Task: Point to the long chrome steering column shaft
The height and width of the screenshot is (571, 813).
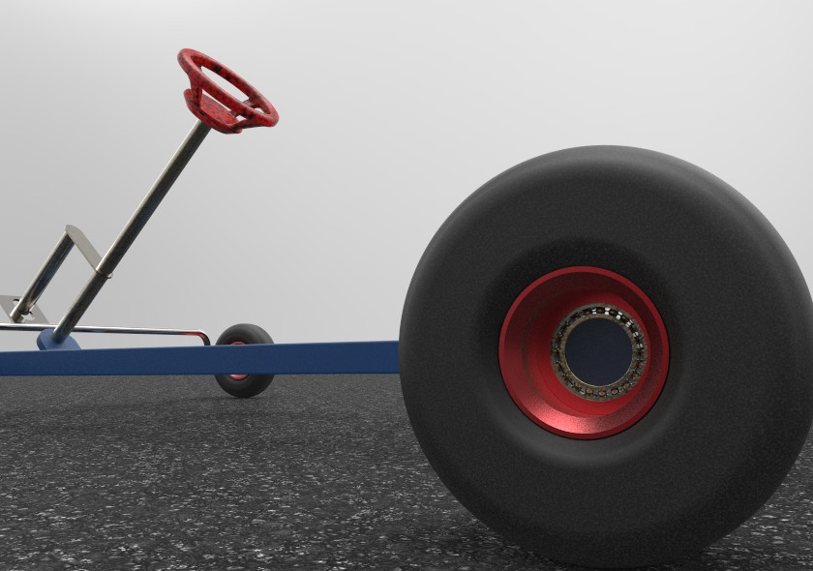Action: click(x=145, y=213)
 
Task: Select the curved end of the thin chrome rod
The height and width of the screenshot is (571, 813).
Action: click(x=204, y=336)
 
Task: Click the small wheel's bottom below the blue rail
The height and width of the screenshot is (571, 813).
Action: click(x=244, y=387)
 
